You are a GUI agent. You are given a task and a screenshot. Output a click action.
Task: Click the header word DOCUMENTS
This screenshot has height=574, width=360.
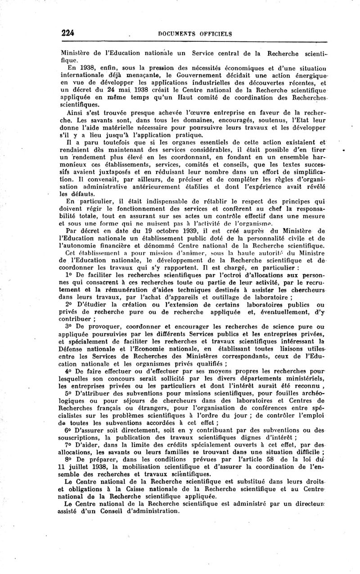tap(178, 33)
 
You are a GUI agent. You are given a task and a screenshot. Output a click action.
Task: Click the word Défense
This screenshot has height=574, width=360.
tap(75, 348)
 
